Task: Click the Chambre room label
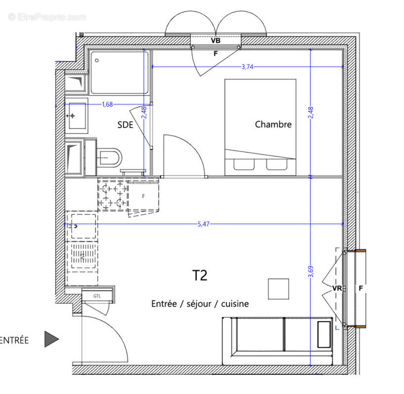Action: [x=273, y=125]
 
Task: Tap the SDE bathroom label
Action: [x=125, y=125]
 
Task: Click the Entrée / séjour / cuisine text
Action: [x=200, y=304]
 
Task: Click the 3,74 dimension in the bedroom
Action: [x=247, y=67]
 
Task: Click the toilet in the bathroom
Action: [x=108, y=158]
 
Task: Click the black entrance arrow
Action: [x=51, y=339]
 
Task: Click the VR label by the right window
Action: [x=337, y=288]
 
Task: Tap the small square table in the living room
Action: [x=279, y=289]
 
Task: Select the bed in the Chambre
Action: [x=260, y=127]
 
